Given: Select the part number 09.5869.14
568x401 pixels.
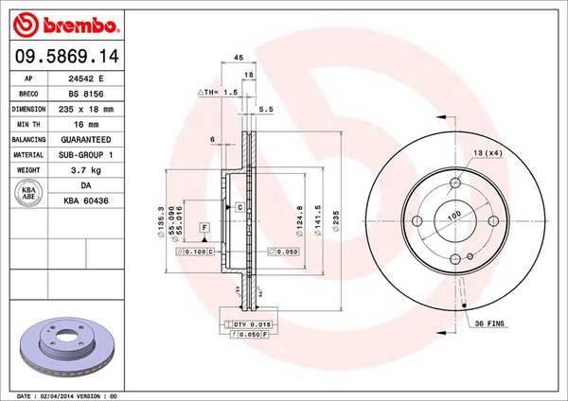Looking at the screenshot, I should (64, 57).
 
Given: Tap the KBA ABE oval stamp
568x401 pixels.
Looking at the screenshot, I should (28, 192).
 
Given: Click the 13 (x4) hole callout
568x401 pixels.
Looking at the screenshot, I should (488, 153).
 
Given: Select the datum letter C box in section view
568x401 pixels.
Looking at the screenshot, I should (240, 206).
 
